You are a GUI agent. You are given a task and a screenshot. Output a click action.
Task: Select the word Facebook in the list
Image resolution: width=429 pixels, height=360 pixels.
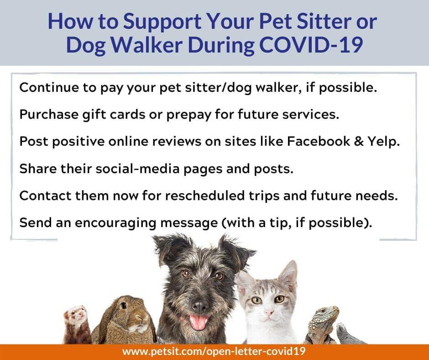(319, 141)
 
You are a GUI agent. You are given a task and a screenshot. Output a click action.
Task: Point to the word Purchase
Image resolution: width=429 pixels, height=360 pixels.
(49, 114)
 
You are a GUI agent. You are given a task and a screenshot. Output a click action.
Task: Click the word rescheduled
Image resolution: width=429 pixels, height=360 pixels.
(204, 196)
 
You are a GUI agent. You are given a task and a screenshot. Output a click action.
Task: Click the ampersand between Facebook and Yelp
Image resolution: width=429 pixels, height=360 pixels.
(359, 141)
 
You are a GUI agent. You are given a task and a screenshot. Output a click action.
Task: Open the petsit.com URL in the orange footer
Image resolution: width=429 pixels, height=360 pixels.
(214, 351)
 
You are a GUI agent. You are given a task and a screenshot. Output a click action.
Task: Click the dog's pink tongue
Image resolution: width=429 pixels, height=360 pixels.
(199, 322)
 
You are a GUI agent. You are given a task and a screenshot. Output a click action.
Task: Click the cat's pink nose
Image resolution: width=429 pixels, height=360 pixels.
(269, 312)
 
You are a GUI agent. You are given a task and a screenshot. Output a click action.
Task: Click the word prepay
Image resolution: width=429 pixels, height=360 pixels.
(189, 115)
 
